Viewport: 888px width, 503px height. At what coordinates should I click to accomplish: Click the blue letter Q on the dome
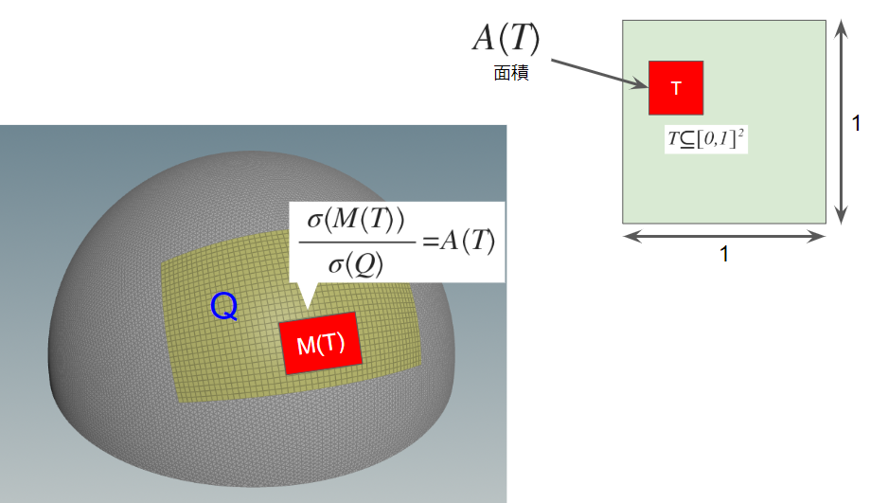pyautogui.click(x=224, y=307)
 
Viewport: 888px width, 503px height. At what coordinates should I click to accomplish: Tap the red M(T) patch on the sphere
pyautogui.click(x=321, y=343)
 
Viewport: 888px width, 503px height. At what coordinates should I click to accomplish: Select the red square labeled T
pyautogui.click(x=676, y=88)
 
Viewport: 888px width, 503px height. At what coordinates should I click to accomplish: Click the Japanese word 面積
pyautogui.click(x=511, y=73)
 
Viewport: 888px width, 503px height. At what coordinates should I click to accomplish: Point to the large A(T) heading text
pyautogui.click(x=506, y=38)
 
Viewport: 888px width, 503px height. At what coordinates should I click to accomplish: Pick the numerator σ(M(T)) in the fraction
pyautogui.click(x=356, y=219)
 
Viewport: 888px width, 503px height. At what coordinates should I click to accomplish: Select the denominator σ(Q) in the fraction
pyautogui.click(x=356, y=263)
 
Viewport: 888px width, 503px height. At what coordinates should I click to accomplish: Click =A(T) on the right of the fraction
pyautogui.click(x=459, y=241)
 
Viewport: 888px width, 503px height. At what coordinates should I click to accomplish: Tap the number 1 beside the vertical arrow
pyautogui.click(x=856, y=123)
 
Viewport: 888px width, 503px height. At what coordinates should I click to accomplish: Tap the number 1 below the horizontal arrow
pyautogui.click(x=724, y=254)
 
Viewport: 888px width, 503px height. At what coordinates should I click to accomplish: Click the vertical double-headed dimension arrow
pyautogui.click(x=842, y=122)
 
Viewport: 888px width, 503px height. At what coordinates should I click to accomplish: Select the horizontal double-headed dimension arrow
pyautogui.click(x=724, y=236)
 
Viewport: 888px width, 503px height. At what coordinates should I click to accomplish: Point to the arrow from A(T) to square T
pyautogui.click(x=600, y=74)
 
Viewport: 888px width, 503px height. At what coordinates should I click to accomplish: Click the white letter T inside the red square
pyautogui.click(x=676, y=88)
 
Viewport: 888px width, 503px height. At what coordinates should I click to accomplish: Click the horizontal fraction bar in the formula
pyautogui.click(x=357, y=243)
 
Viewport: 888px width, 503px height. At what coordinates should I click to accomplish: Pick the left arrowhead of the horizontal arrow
pyautogui.click(x=630, y=236)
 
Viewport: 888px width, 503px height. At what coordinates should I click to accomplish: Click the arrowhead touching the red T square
pyautogui.click(x=641, y=84)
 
